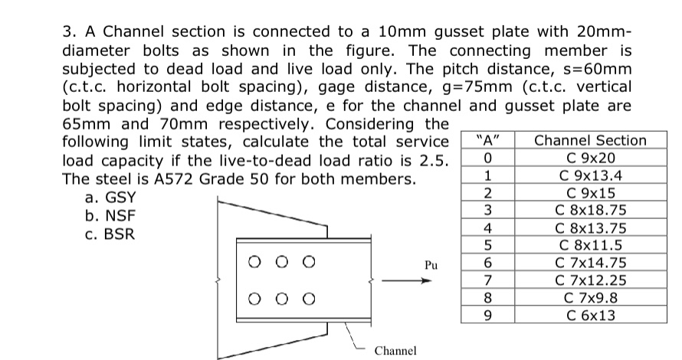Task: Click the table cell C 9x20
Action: click(x=590, y=158)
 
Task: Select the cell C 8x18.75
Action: click(x=590, y=210)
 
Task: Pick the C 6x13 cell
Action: click(x=590, y=315)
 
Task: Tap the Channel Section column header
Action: click(x=590, y=140)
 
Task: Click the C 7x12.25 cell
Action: click(x=590, y=280)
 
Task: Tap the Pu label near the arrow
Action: click(x=431, y=266)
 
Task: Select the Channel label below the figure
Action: click(x=395, y=350)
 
